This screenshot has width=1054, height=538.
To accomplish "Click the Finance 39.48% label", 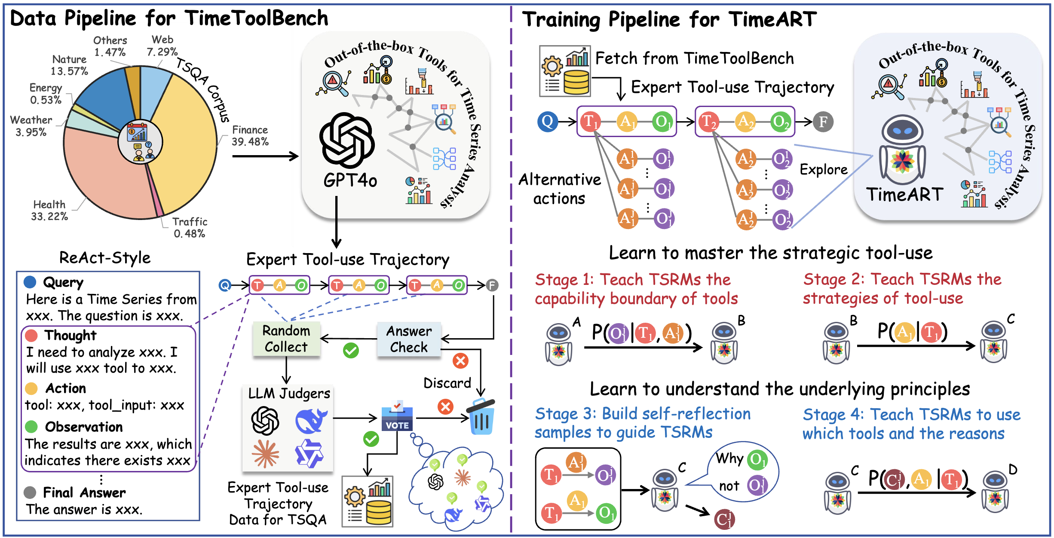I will [x=250, y=136].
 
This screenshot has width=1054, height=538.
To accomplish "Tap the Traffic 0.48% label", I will [x=190, y=228].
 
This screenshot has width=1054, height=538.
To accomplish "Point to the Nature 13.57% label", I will [x=69, y=65].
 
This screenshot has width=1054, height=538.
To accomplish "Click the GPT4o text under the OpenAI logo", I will [x=350, y=180].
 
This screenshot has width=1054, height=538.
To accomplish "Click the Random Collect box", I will [x=286, y=339].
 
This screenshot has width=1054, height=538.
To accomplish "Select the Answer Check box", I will [x=409, y=339].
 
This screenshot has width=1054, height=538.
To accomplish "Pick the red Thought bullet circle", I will [x=31, y=335].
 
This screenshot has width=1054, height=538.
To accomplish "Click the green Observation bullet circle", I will [x=31, y=427].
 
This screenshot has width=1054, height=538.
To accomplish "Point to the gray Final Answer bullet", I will [x=30, y=492].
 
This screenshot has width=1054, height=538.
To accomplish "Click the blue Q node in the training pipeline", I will [x=547, y=122].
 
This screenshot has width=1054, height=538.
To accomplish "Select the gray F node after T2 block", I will [x=823, y=122].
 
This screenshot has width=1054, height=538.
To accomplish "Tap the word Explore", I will [x=823, y=170].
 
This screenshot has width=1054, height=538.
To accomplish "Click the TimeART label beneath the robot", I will [x=904, y=195].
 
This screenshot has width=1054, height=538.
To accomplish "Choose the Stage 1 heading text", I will [x=636, y=289].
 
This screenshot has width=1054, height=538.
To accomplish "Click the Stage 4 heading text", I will [x=911, y=424].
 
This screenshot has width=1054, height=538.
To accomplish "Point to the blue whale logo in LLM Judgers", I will [x=311, y=421].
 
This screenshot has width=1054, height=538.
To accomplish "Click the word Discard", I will [x=447, y=383].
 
